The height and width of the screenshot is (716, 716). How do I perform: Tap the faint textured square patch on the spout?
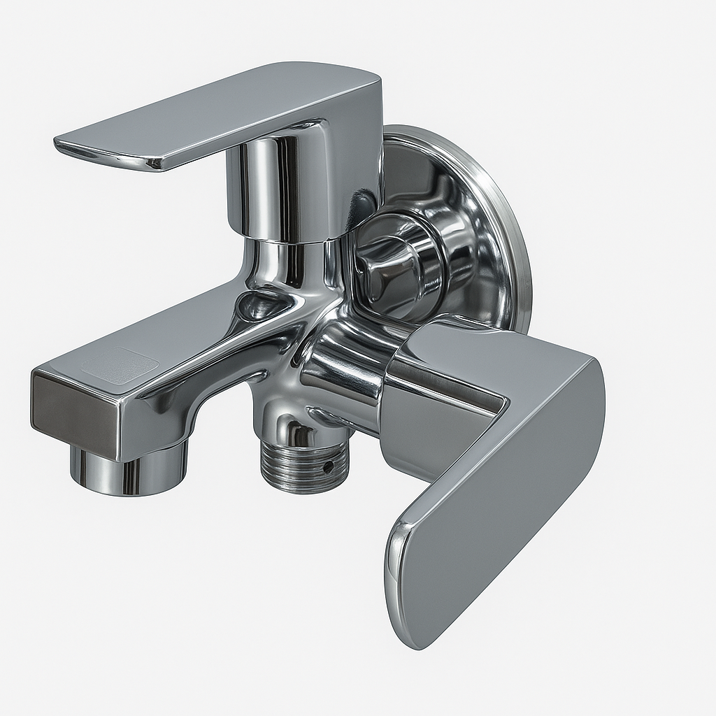(119, 366)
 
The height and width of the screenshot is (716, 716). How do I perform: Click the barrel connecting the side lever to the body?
(350, 371)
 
